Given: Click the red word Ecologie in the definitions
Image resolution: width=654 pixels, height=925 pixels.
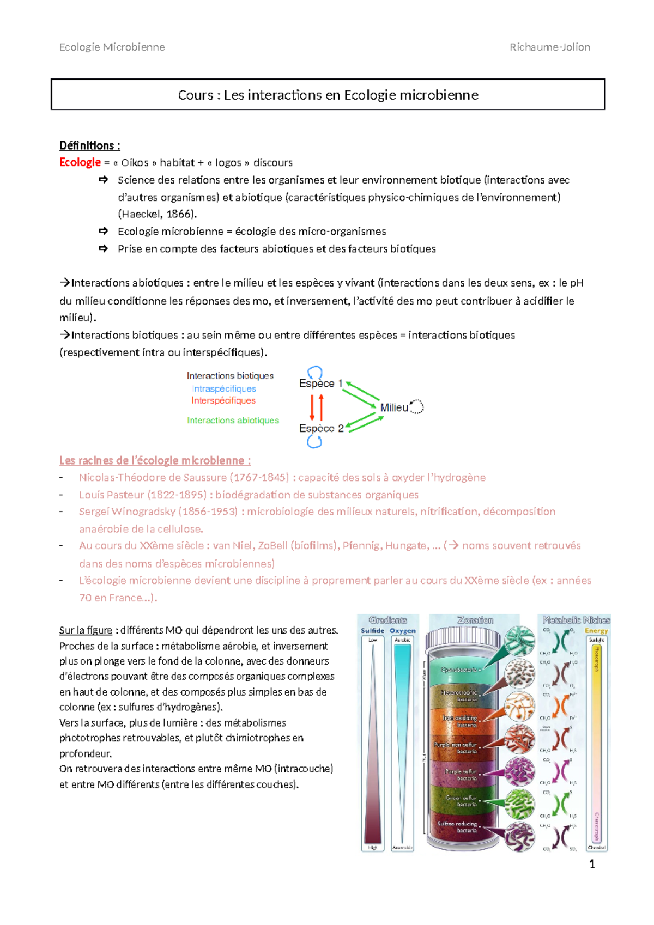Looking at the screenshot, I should (80, 162).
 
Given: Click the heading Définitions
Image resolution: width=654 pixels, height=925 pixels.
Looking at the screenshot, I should (89, 145).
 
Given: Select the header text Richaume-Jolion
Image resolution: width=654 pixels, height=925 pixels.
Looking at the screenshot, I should (549, 47).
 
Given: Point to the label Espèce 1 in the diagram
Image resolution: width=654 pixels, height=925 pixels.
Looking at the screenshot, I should (320, 384).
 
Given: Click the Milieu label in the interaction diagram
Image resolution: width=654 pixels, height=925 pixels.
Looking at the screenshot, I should (394, 407).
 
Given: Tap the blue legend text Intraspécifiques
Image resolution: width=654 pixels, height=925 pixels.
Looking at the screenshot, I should (224, 388).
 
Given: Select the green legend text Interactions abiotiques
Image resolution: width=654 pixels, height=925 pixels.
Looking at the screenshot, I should (233, 421).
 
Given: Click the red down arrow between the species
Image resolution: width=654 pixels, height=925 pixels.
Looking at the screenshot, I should (312, 407).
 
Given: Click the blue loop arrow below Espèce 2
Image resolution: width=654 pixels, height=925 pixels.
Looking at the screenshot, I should (314, 442).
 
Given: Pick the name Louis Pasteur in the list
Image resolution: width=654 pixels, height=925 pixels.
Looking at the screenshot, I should (111, 495).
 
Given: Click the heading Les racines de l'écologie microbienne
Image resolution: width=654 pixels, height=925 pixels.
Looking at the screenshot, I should (155, 460).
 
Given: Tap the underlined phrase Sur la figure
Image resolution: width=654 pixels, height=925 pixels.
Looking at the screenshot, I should (86, 630).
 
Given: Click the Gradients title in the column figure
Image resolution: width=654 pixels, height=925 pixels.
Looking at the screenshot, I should (387, 620).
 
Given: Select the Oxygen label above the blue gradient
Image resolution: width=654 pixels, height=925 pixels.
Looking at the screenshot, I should (402, 631).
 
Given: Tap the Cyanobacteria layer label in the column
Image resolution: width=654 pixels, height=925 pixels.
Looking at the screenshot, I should (459, 670).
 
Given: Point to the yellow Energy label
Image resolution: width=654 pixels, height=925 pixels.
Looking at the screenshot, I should (596, 631).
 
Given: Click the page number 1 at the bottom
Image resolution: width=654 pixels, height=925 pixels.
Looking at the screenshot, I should (592, 865).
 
